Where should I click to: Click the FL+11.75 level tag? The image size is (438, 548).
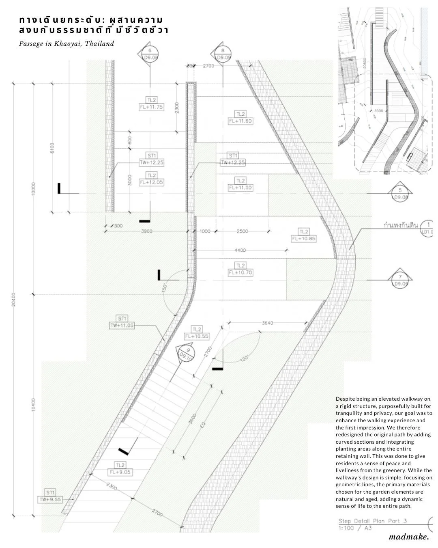151,107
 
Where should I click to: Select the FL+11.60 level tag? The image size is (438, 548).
240,121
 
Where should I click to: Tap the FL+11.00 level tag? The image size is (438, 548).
240,188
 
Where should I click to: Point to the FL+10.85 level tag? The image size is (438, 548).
303,239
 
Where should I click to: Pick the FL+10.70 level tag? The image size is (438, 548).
240,272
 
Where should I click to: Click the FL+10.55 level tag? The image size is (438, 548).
197,336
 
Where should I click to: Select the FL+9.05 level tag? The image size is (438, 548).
120,472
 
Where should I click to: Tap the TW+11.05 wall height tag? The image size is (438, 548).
122,325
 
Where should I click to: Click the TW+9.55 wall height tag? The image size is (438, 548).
50,500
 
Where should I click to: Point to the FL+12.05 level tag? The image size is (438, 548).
151,183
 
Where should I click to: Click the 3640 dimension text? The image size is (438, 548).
268,323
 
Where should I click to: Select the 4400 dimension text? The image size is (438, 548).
240,250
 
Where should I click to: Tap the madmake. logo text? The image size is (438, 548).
408,537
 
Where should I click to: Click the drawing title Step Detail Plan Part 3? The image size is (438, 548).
372,521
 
